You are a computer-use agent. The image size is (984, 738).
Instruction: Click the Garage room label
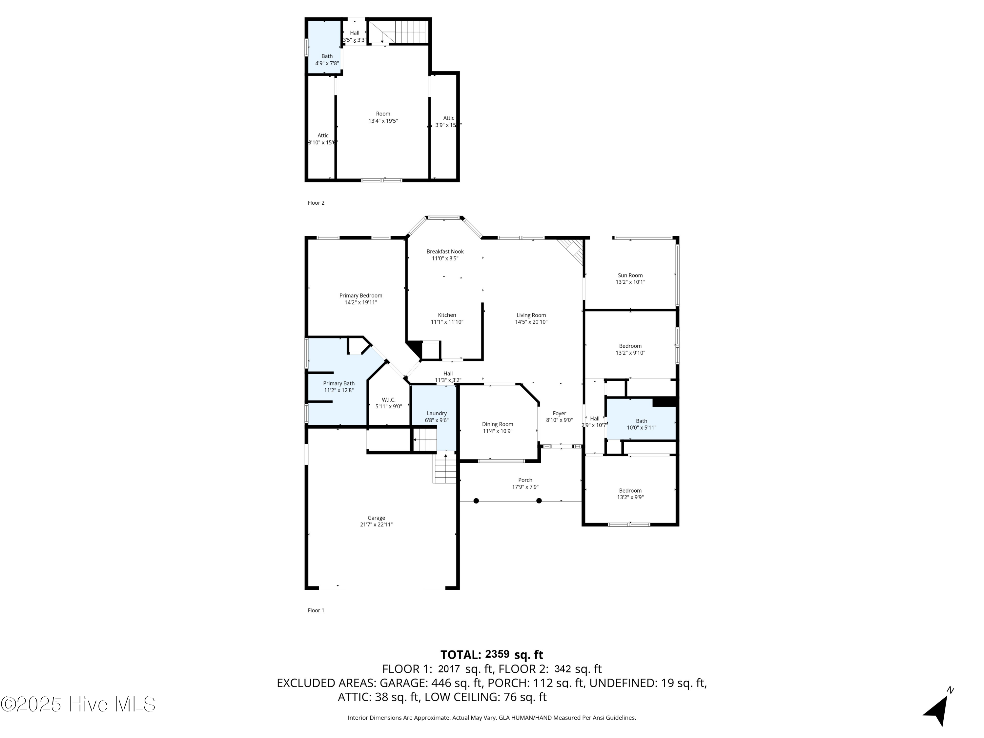pos(376,518)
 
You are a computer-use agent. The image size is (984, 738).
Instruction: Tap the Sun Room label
pos(630,276)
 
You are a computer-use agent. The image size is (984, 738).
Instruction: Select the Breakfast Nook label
pos(445,251)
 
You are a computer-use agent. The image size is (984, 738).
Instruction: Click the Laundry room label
pos(436,413)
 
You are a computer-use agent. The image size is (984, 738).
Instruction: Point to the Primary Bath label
pos(338,383)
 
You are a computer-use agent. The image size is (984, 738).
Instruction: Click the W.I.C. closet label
pos(388,400)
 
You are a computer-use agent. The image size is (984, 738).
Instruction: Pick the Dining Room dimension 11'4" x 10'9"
pos(497,431)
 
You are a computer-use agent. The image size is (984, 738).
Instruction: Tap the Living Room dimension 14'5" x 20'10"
pos(531,322)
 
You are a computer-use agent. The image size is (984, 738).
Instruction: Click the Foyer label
pos(559,414)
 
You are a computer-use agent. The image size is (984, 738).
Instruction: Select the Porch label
pos(525,480)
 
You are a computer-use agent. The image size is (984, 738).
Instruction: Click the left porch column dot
pos(476,501)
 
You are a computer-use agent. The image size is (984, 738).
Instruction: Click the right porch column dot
pos(539,501)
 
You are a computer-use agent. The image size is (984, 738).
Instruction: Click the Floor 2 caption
pos(316,203)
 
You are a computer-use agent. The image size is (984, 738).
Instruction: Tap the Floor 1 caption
pos(316,610)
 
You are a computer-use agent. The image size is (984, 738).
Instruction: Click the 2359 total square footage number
pos(497,654)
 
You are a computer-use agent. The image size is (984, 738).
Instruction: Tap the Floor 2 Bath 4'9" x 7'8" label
pos(327,60)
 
